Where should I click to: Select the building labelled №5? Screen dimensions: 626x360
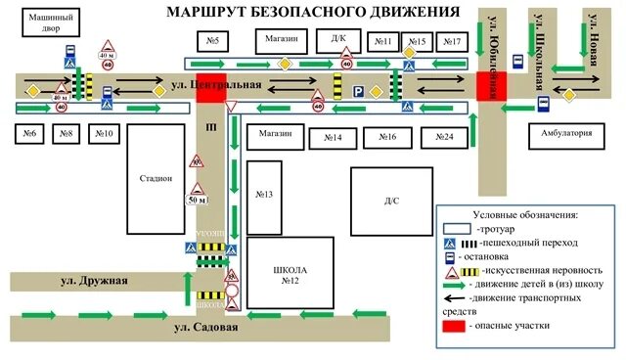[x=212, y=41]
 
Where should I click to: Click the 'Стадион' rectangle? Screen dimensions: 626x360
[x=156, y=178]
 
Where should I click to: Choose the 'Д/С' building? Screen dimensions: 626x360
[x=391, y=201]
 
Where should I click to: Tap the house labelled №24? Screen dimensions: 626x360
[x=444, y=138]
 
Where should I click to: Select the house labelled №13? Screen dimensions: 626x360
[x=263, y=195]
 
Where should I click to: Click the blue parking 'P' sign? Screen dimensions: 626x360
[x=359, y=91]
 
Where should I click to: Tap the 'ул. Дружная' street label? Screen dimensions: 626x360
[x=95, y=282]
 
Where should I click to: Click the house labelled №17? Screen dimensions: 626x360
[x=452, y=41]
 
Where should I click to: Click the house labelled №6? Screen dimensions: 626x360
[x=29, y=132]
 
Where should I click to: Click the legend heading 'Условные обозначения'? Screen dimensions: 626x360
[x=524, y=213]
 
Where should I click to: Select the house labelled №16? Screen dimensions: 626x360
[x=387, y=138]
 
